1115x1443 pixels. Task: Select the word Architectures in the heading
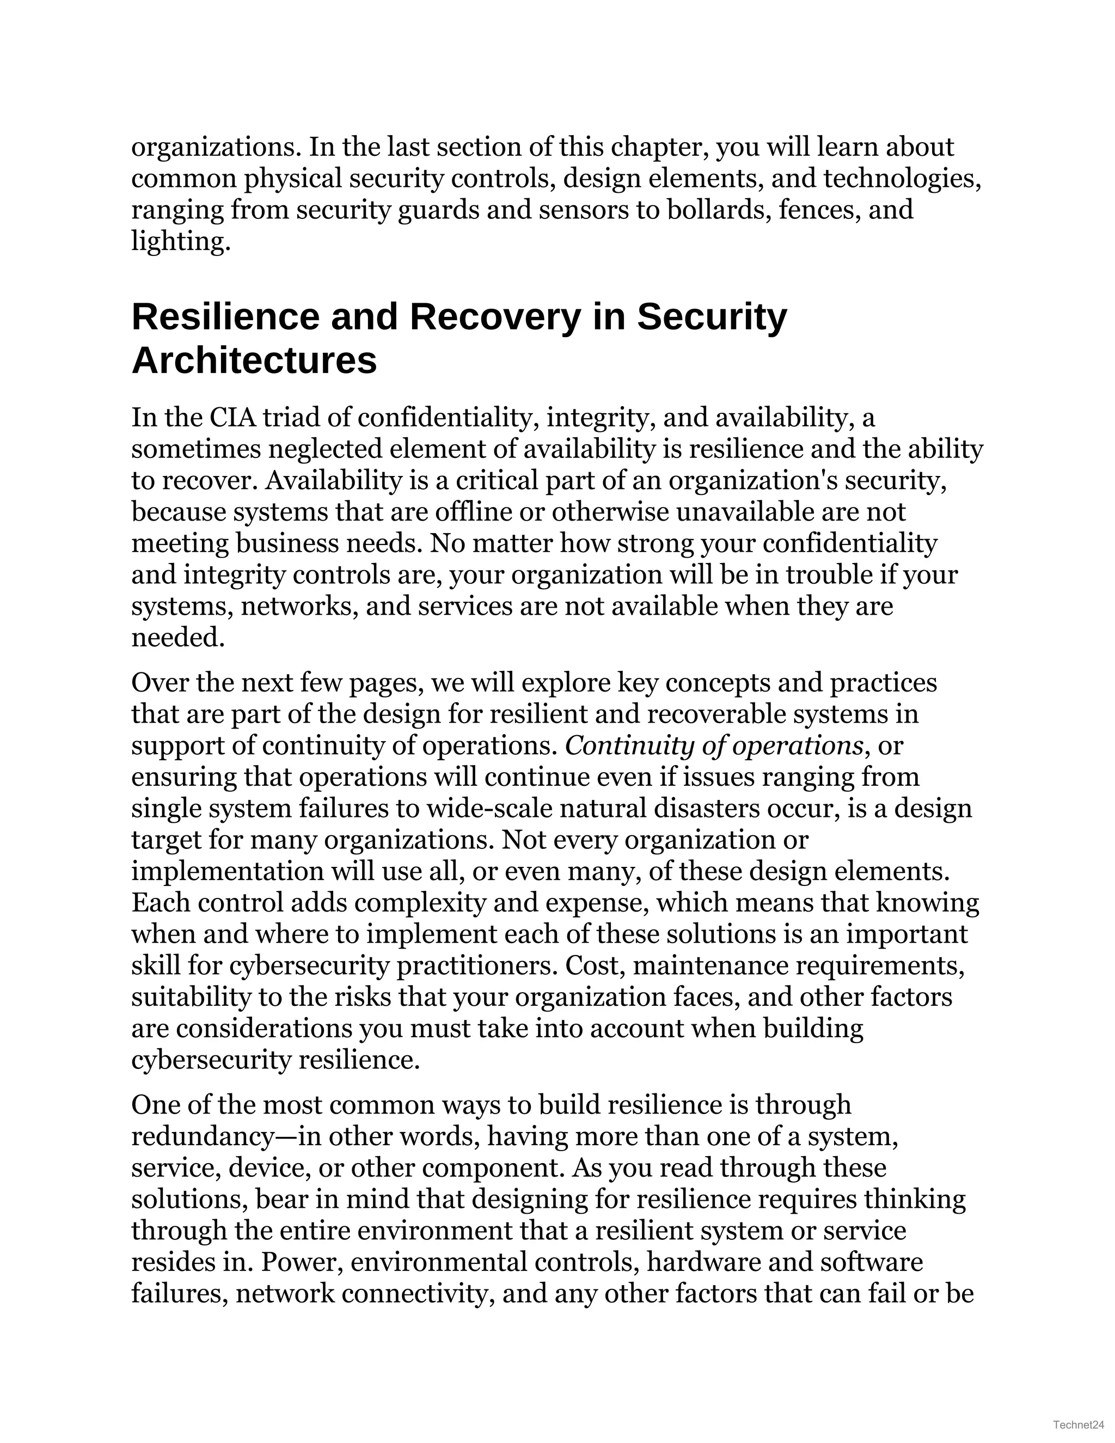point(254,360)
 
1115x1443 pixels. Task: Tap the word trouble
point(828,575)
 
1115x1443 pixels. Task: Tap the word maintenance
point(710,966)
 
